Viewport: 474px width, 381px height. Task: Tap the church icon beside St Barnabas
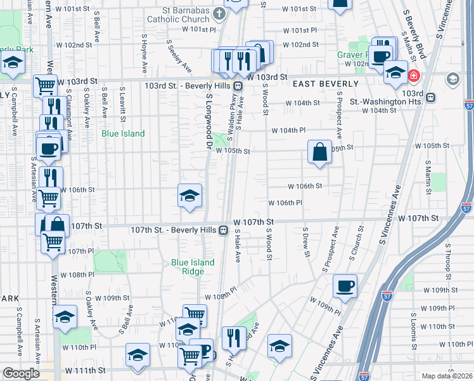click(219, 12)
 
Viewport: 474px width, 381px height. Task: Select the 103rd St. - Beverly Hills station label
click(188, 86)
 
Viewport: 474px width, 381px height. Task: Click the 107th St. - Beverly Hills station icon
click(224, 231)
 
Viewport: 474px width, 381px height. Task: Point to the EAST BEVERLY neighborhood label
click(325, 84)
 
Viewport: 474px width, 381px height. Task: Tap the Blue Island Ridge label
click(193, 267)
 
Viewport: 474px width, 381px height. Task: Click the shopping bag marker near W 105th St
click(319, 152)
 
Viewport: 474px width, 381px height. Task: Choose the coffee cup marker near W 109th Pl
click(345, 286)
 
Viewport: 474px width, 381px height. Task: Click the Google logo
click(22, 373)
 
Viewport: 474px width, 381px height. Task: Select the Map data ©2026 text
click(447, 376)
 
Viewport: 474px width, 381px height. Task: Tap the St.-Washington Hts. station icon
click(430, 98)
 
